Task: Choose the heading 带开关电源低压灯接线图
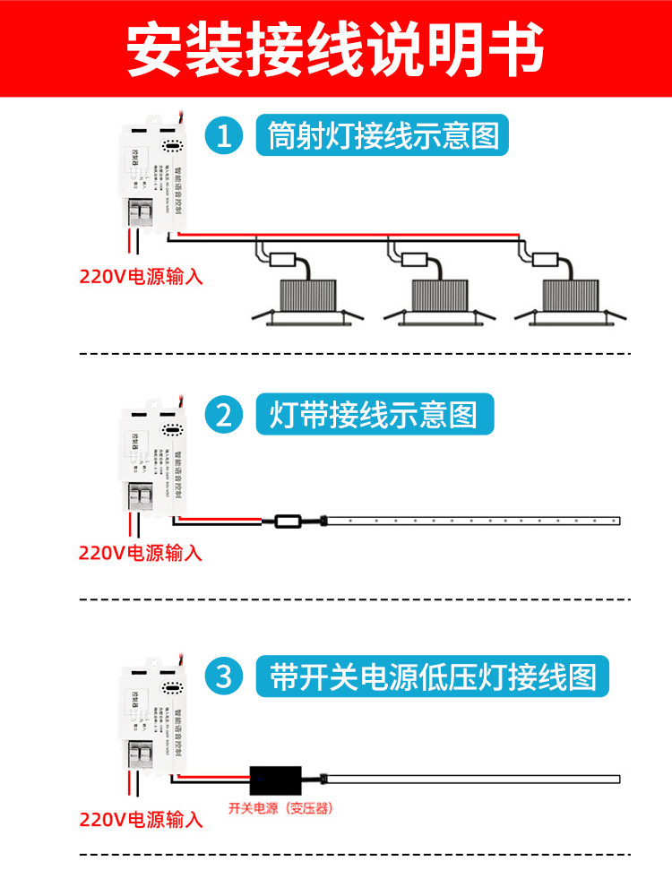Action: pos(433,676)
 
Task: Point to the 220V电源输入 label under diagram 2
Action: pos(141,553)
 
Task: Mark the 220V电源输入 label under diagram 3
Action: pos(141,819)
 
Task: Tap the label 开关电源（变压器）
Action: pos(280,808)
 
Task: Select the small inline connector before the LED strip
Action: pos(289,520)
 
